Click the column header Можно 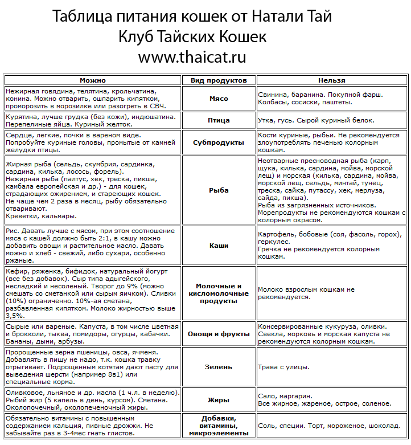92,80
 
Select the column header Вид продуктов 219,80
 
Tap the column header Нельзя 331,80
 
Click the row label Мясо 219,99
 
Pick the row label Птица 219,120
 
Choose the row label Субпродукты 219,142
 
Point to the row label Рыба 219,190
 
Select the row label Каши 219,246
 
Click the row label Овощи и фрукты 219,334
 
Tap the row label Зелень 219,368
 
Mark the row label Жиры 219,400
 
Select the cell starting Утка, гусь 316,120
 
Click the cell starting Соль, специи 329,426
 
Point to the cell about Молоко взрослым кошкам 305,293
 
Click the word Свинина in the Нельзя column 274,95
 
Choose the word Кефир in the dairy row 15,272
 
